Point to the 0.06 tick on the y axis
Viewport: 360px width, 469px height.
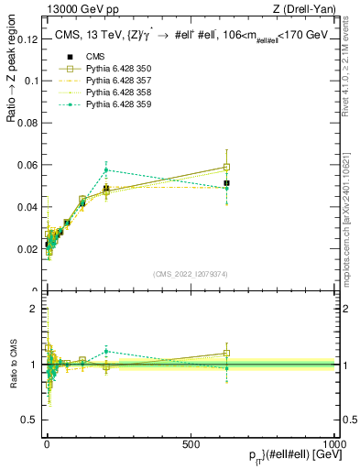tap(28, 165)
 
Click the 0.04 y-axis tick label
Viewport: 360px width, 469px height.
tap(28, 207)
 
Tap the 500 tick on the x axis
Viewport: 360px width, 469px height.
tap(191, 443)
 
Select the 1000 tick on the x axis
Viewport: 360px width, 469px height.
tap(333, 443)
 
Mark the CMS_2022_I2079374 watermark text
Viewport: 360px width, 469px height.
tap(191, 274)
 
